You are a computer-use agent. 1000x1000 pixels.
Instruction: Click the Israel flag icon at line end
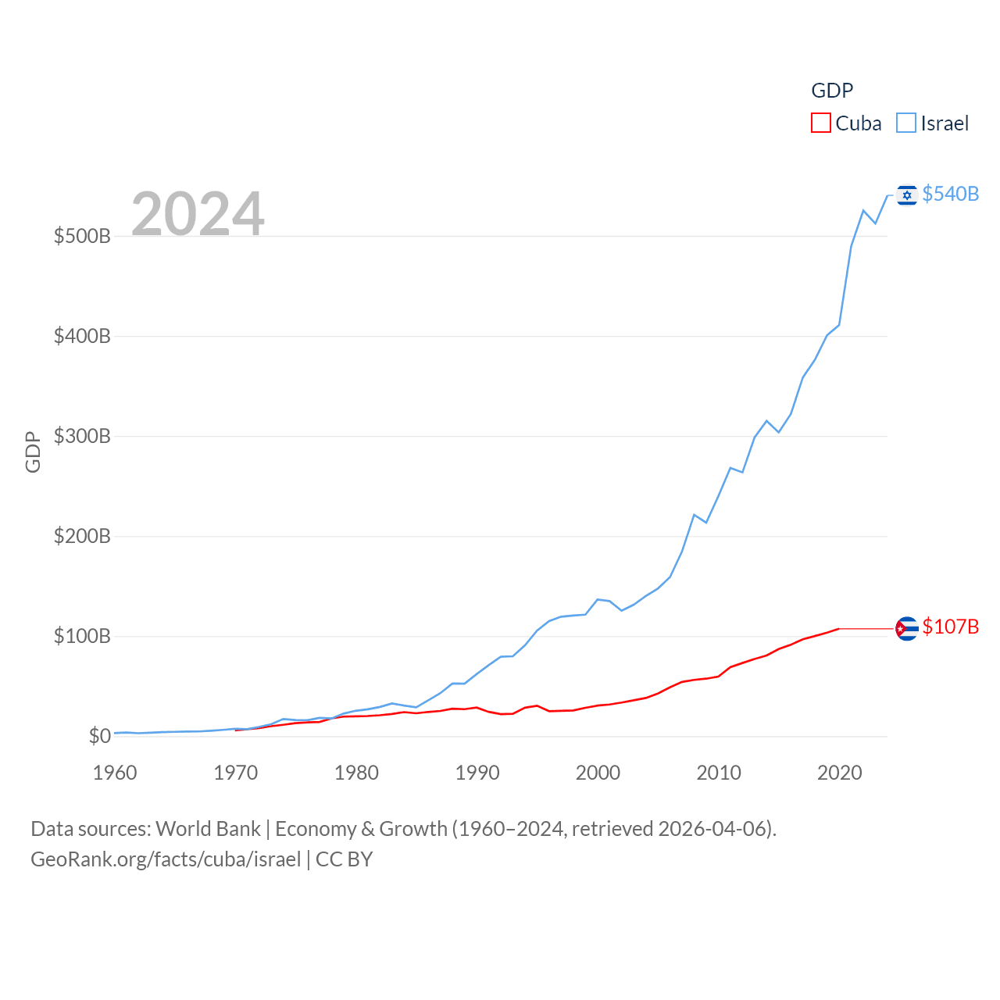[x=906, y=195]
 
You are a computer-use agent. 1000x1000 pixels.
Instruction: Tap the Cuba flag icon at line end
[x=906, y=628]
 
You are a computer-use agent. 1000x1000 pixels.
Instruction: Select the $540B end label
[x=950, y=194]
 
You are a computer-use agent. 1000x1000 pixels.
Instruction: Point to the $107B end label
[x=950, y=627]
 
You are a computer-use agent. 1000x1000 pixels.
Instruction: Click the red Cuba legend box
[x=820, y=123]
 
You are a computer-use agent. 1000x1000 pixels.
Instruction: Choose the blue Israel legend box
[x=905, y=123]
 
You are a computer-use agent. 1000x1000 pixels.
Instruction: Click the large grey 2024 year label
[x=198, y=214]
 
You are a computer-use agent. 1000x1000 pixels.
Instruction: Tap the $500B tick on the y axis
[x=82, y=236]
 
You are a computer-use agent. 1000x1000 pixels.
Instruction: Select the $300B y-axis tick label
[x=82, y=436]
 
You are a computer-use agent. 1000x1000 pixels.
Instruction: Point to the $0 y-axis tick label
[x=99, y=736]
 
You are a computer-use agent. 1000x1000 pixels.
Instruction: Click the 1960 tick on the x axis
[x=115, y=773]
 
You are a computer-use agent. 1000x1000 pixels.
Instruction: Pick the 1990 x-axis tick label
[x=477, y=773]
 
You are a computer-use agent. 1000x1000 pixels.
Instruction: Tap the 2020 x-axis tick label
[x=839, y=773]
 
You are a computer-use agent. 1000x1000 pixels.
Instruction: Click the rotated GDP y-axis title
[x=33, y=452]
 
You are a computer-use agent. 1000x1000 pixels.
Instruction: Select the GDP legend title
[x=832, y=91]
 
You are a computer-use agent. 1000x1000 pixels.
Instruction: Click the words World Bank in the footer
[x=208, y=828]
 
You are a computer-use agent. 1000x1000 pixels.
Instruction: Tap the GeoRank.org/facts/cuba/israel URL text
[x=166, y=859]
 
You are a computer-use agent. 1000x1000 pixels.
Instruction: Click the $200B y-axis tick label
[x=82, y=536]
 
